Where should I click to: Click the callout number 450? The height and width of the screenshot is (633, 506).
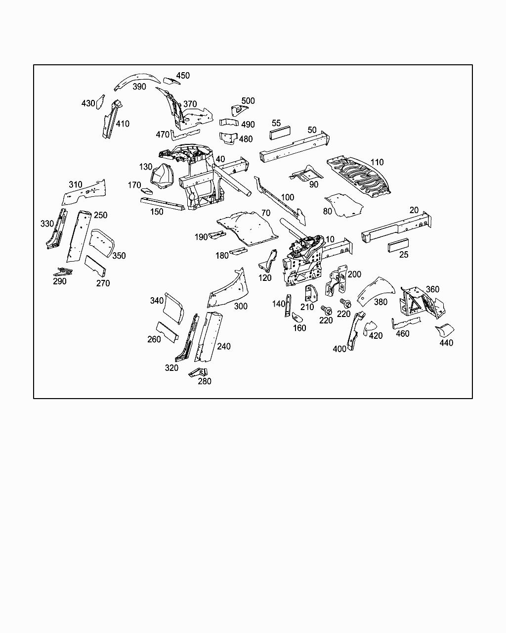(183, 76)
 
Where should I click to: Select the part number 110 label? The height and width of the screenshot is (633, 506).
(377, 162)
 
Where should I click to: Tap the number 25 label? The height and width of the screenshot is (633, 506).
(404, 255)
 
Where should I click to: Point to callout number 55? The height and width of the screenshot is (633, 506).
(276, 123)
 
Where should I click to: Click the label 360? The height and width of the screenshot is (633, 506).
(432, 289)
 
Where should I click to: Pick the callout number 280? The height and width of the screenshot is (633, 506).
(204, 381)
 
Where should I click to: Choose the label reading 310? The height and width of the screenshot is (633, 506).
(76, 185)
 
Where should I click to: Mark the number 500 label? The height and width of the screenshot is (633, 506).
(248, 101)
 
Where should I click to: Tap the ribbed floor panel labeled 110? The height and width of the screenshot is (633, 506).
(360, 177)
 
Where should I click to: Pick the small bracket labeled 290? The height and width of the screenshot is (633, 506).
(63, 271)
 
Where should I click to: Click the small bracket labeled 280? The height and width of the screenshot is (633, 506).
(200, 372)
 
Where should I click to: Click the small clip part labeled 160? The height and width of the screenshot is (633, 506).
(298, 316)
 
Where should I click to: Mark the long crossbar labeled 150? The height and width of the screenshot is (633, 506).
(163, 204)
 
